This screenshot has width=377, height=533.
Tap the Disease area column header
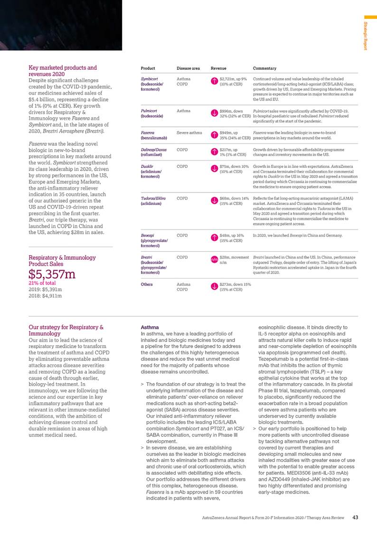pos(188,68)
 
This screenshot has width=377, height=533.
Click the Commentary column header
pos(264,68)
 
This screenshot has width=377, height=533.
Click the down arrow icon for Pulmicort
pos(214,113)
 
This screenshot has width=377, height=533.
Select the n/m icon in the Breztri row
pos(214,259)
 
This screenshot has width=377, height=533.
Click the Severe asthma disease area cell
pos(189,132)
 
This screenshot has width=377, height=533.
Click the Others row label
pos(147,285)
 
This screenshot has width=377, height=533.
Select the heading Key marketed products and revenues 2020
pos(63,71)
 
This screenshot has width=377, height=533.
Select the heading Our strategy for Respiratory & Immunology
pos(66,330)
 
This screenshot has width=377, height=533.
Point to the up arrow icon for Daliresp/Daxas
pos(214,152)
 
